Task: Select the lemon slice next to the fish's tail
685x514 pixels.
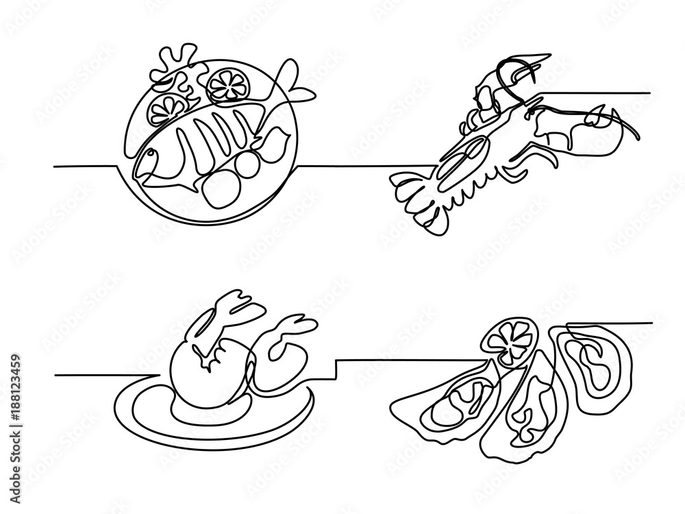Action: (226, 84)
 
